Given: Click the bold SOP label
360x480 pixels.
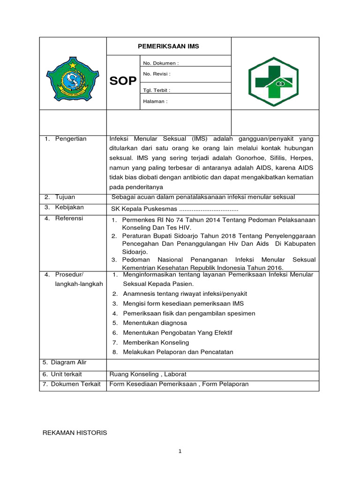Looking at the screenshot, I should tap(123, 82).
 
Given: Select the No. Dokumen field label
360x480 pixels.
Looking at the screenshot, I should tap(161, 63).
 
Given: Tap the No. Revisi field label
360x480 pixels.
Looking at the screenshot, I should tap(157, 74).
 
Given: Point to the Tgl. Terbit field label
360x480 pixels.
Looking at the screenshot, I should tap(157, 90).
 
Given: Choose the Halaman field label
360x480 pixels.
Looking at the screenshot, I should tap(155, 101).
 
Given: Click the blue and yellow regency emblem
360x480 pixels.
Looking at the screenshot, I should tap(73, 79).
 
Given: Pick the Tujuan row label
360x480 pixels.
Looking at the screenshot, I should tap(65, 197).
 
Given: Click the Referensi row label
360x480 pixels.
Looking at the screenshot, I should tap(69, 218).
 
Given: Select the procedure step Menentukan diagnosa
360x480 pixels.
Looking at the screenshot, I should tap(155, 323).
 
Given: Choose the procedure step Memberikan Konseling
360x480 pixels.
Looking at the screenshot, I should tap(156, 342).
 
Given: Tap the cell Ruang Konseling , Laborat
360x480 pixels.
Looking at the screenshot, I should tap(148, 374).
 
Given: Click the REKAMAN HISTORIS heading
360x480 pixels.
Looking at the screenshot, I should tap(75, 433).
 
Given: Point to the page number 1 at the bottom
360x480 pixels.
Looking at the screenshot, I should tap(180, 451).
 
